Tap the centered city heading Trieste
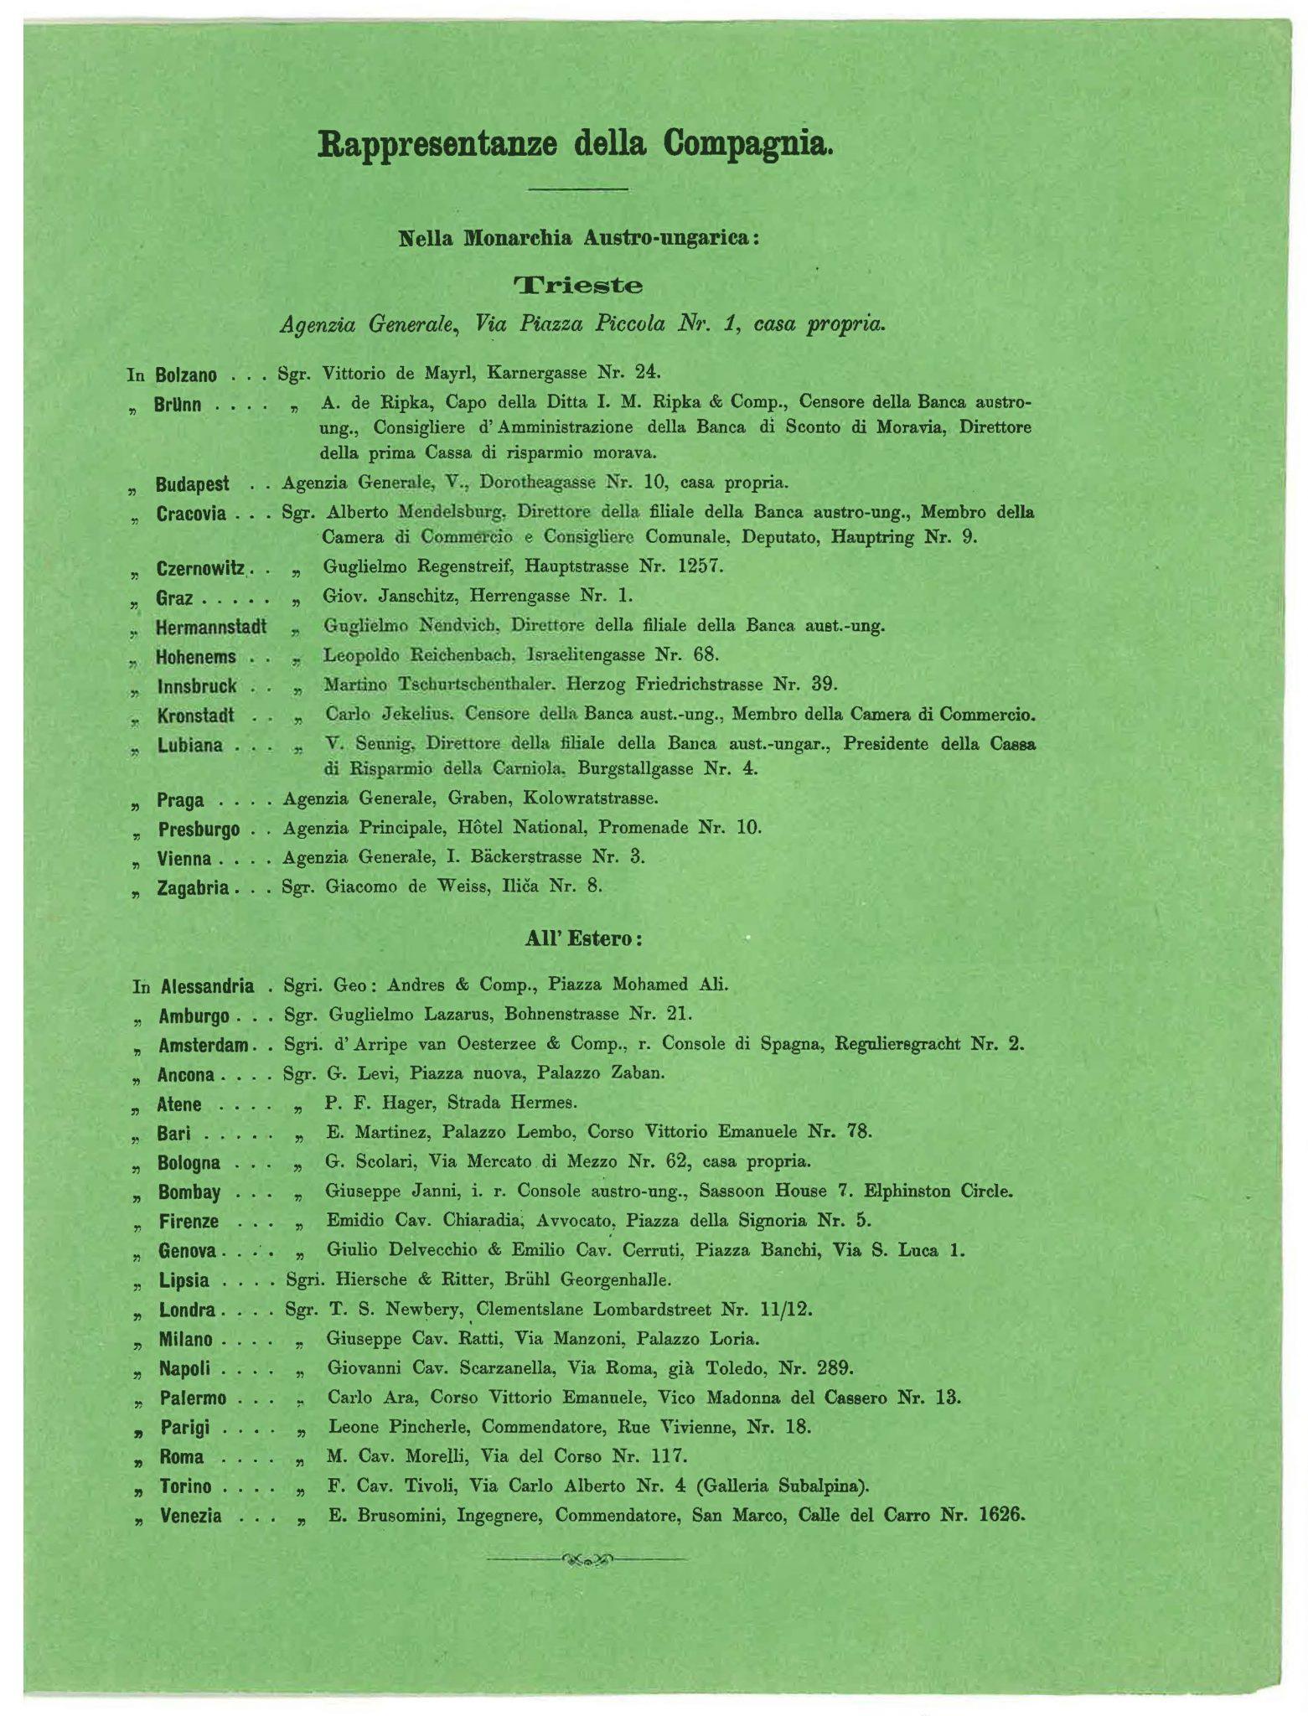578,286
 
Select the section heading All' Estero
583,938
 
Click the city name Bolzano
186,375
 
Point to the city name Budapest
192,485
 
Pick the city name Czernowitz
200,569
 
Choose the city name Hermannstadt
211,627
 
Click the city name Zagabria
193,887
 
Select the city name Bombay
189,1192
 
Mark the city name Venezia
191,1516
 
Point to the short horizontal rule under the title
578,189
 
